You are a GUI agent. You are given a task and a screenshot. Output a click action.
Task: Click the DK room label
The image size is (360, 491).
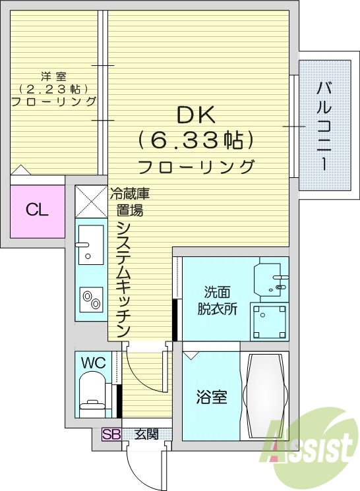coord(195,115)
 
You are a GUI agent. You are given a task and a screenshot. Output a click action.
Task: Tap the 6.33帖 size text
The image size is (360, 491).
coord(196,140)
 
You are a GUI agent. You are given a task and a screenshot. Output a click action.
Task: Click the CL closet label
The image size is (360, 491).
coord(37,210)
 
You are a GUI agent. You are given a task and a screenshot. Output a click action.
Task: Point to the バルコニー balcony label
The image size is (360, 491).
coord(324,125)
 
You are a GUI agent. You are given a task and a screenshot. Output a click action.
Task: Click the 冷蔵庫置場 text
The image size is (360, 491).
coord(129,202)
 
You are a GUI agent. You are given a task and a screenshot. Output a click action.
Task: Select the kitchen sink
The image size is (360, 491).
coord(89,244)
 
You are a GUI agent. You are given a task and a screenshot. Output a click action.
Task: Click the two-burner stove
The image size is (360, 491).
coord(90,300)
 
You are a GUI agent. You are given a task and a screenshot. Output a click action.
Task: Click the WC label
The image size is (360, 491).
coord(94,362)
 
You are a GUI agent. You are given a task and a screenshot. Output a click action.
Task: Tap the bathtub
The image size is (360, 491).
coord(266,396)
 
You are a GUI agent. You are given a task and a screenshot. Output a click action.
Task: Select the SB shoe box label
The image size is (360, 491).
coord(111,434)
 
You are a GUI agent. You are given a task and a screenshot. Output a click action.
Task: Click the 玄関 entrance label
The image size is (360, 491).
coord(146,434)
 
